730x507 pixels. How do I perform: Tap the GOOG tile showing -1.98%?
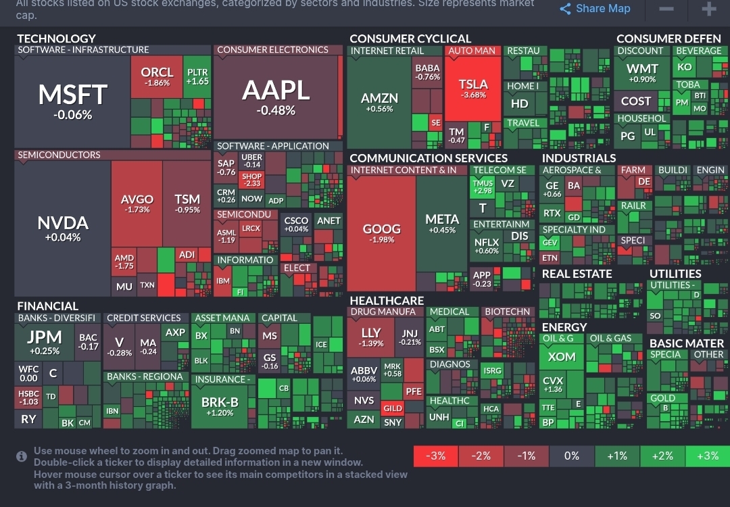(382, 233)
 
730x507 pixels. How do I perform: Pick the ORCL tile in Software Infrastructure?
(157, 76)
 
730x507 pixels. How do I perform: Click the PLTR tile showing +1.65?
(197, 76)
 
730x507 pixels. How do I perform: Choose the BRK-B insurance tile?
(220, 406)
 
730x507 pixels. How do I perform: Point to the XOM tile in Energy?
(562, 357)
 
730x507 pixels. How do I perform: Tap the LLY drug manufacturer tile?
(371, 337)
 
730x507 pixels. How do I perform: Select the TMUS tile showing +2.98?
(483, 187)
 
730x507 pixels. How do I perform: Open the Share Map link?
(595, 9)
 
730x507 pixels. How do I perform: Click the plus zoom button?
(708, 9)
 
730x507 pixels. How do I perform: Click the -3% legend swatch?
(436, 456)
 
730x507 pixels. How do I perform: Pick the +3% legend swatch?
(707, 456)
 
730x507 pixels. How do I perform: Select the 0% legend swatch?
(572, 456)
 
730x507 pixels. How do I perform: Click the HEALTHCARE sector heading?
(387, 300)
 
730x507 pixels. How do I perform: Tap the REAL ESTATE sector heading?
(577, 274)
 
